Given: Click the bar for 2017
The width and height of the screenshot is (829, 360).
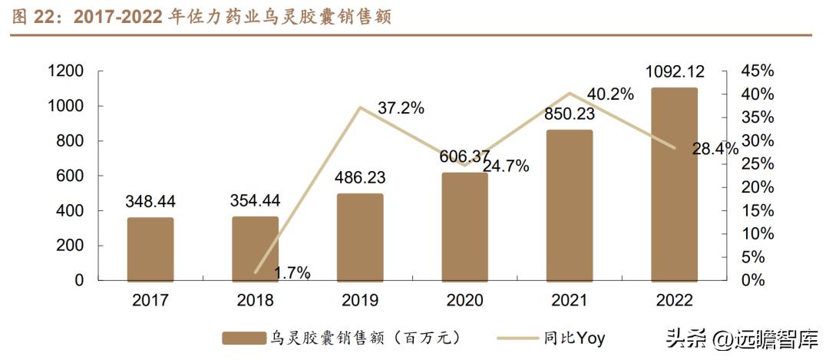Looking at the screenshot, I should [150, 249].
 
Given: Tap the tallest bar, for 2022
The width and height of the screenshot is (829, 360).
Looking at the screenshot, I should [674, 184].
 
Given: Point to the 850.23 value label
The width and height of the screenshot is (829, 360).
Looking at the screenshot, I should [569, 114].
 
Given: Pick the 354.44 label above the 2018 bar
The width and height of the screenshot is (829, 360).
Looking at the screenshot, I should [255, 200].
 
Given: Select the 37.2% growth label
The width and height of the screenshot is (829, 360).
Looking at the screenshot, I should [401, 108].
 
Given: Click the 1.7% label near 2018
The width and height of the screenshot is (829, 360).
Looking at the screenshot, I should [292, 272].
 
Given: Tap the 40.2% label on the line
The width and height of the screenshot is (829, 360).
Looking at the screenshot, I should [609, 94].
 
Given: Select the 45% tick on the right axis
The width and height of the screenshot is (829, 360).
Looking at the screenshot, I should [758, 71].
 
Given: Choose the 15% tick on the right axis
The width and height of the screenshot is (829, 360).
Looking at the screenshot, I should [758, 211].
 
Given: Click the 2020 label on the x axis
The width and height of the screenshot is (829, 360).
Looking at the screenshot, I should [464, 301].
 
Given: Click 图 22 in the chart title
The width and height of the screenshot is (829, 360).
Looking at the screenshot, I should [35, 17].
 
